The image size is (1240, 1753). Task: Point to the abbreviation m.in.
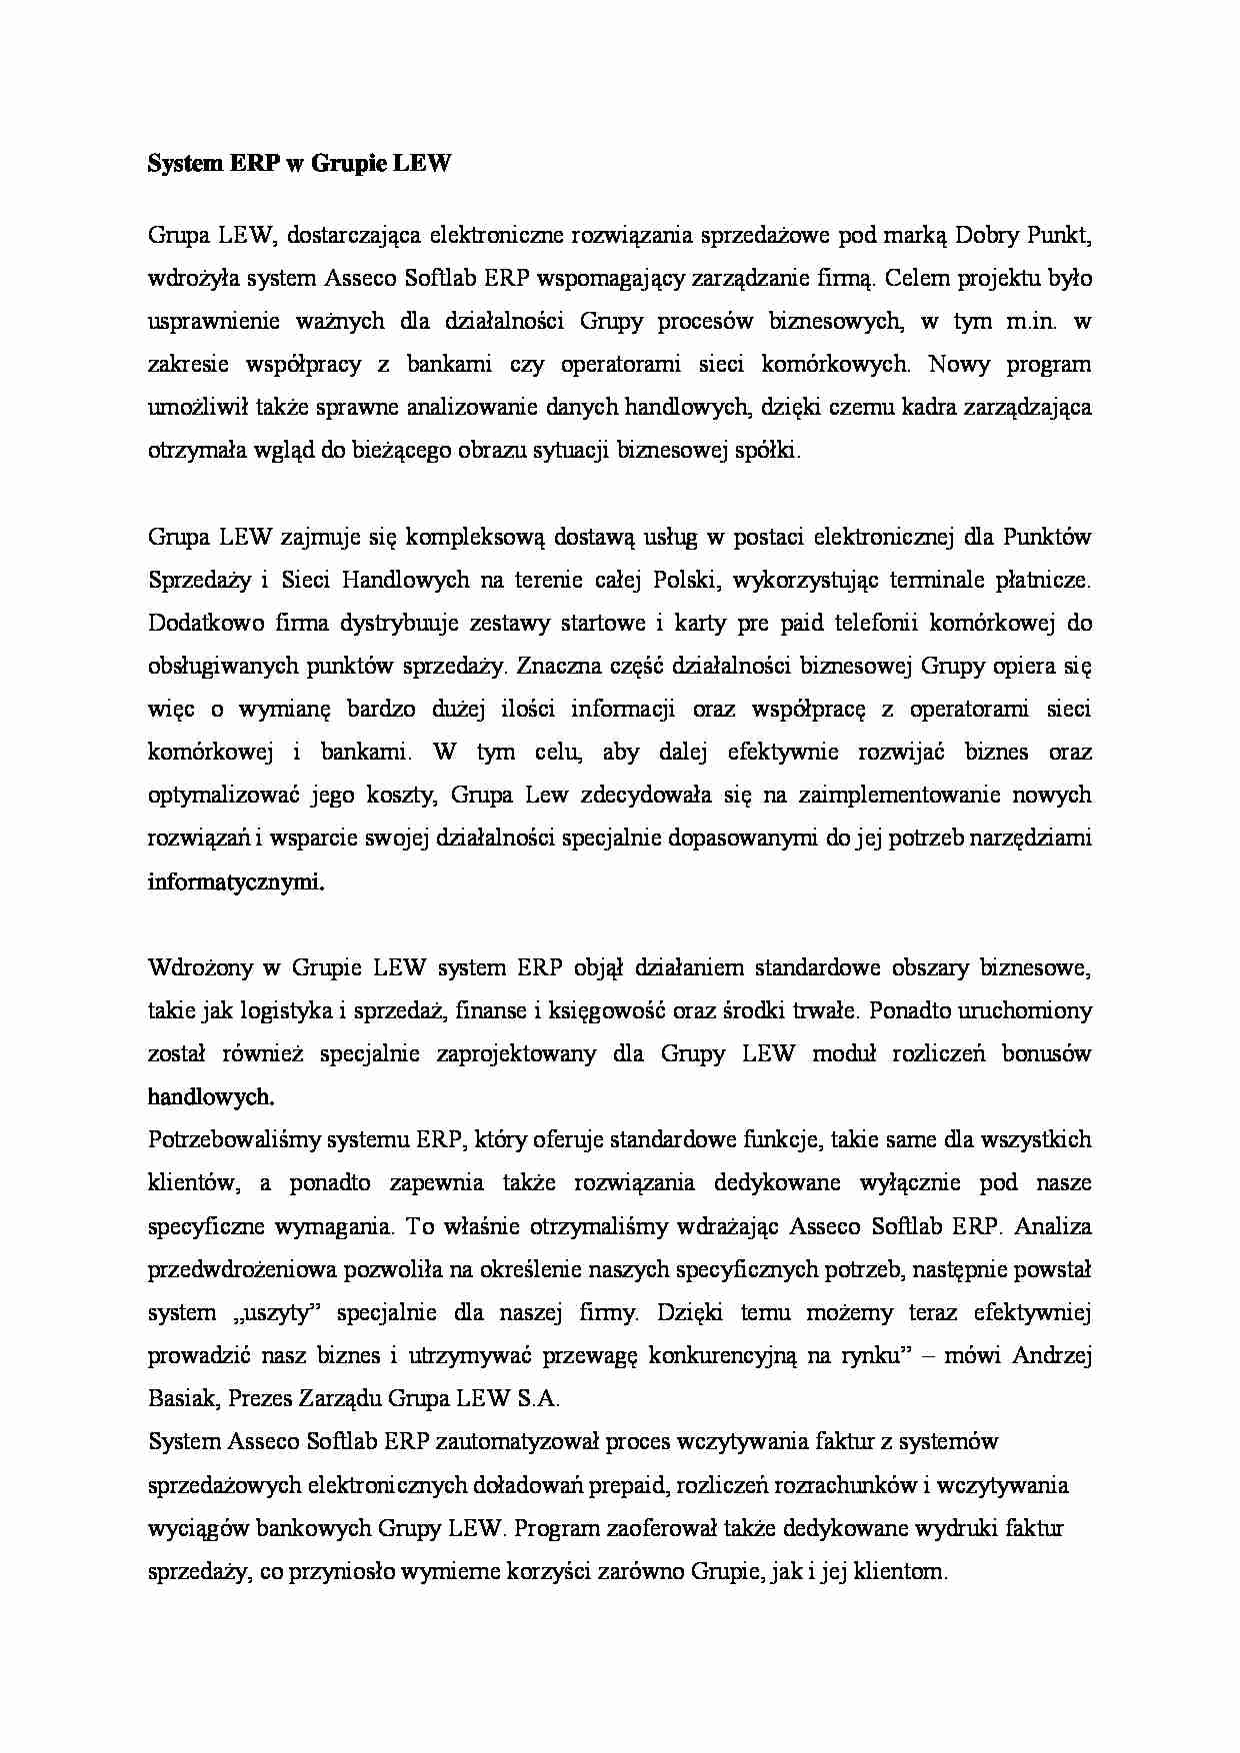coord(1029,322)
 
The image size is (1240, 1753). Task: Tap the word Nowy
coord(958,365)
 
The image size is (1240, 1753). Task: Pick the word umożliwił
coord(193,408)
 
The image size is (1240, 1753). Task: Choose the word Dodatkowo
coord(201,624)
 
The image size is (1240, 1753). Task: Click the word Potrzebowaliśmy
coord(228,1140)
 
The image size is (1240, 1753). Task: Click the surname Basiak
coord(181,1399)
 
